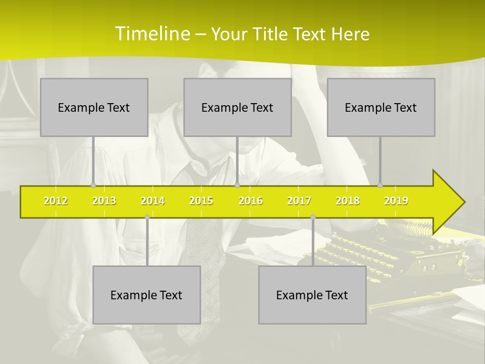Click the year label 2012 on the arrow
pos(56,201)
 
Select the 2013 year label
pos(104,201)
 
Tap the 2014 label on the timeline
pos(153,201)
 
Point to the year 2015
pos(201,201)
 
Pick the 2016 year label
pos(251,201)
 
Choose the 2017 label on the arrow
pos(299,201)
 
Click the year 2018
pos(348,201)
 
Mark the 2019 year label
pos(396,201)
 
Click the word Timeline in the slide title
pos(153,34)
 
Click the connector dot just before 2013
pos(93,185)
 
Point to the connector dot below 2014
pos(147,217)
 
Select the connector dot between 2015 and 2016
pos(237,185)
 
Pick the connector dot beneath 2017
pos(313,217)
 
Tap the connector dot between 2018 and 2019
pos(380,185)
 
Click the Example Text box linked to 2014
pos(147,295)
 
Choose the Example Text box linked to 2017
pos(312,295)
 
